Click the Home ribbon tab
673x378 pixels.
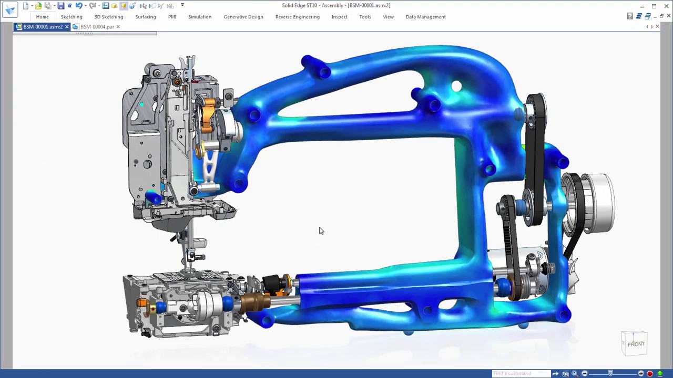tap(42, 17)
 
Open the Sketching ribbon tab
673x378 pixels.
tap(72, 17)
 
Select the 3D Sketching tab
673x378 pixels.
tap(109, 17)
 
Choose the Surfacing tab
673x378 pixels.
tap(146, 17)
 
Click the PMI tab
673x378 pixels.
tap(172, 17)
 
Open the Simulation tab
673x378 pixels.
tap(200, 17)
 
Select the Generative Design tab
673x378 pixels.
tap(243, 17)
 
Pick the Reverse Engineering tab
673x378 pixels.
tap(298, 17)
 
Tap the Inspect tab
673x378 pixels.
tap(339, 17)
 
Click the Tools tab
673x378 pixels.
tap(365, 17)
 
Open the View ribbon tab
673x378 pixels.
tap(388, 17)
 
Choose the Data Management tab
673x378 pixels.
tap(425, 17)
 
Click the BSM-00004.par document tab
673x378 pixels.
tap(97, 27)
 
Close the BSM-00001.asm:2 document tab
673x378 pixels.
tap(67, 27)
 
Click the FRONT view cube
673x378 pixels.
tap(635, 344)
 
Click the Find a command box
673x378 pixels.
tap(521, 373)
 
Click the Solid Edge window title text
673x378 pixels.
tap(336, 5)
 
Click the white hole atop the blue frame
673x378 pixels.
tap(456, 87)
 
